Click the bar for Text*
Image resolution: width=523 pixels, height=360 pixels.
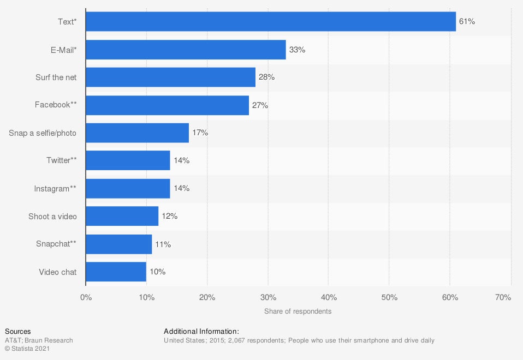(271, 22)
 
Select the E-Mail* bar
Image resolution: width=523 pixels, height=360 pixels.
(186, 50)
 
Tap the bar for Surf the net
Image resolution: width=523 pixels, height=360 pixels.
(170, 77)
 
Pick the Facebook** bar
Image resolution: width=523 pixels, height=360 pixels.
(167, 105)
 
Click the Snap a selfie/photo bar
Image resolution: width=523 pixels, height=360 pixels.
(137, 133)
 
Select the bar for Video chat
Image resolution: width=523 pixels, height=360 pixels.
(116, 272)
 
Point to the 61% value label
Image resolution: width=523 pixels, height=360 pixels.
(467, 22)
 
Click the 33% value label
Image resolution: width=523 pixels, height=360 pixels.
(297, 50)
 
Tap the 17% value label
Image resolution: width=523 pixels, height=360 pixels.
(200, 133)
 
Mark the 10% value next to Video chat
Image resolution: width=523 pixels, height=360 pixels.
(157, 272)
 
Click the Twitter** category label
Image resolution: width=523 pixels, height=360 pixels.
(61, 160)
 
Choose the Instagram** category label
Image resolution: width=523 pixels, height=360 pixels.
(55, 188)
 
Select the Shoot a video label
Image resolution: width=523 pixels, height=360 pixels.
(52, 217)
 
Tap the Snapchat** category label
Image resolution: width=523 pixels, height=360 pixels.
(56, 244)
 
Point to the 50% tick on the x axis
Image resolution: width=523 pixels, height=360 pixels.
(388, 298)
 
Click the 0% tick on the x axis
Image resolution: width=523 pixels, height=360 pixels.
(86, 298)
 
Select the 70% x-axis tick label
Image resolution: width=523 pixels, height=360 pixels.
(503, 298)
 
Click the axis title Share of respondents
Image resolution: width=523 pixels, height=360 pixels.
(298, 311)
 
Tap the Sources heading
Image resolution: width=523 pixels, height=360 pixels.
(17, 332)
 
